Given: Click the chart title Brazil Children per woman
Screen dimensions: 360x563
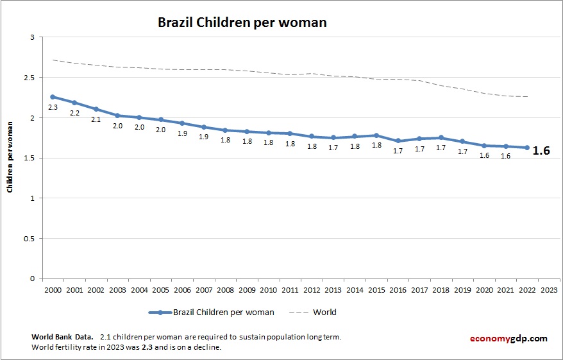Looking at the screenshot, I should point(242,22).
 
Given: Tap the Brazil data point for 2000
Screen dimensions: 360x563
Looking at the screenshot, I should point(53,97).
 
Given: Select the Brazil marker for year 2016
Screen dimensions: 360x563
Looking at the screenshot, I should point(398,141).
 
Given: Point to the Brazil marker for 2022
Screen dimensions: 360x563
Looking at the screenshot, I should point(527,148).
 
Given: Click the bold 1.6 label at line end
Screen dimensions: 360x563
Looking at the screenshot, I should point(541,151).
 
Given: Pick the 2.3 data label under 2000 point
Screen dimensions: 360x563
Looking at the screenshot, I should point(53,108).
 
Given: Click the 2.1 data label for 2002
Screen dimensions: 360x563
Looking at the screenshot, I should point(96,119).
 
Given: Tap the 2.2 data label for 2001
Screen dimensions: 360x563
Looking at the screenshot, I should point(74,113).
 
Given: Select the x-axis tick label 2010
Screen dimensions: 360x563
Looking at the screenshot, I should point(269,290).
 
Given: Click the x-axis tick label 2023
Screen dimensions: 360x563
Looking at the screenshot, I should point(549,290).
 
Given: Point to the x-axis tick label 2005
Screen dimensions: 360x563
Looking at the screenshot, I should point(160,290).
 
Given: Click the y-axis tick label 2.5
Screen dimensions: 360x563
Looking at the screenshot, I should point(28,78).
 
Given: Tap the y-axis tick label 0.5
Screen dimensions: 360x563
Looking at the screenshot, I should point(28,239).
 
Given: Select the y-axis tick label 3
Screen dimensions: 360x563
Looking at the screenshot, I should point(31,38).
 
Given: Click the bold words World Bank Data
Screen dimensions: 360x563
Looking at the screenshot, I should point(62,337).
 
